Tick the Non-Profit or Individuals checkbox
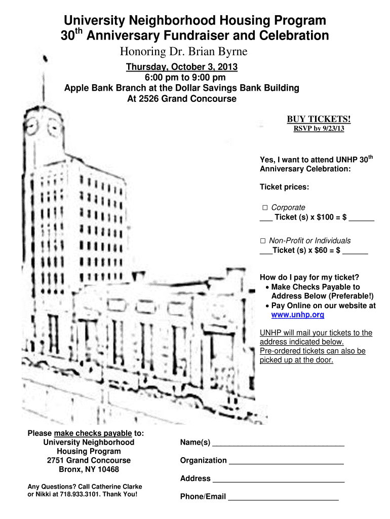[x=263, y=241]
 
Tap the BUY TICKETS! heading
[x=319, y=119]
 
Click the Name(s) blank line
[x=278, y=445]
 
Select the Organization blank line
[x=286, y=463]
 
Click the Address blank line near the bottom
[x=278, y=480]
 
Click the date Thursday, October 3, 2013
[x=182, y=67]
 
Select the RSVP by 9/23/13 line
[x=319, y=129]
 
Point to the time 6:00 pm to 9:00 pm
[x=182, y=78]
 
